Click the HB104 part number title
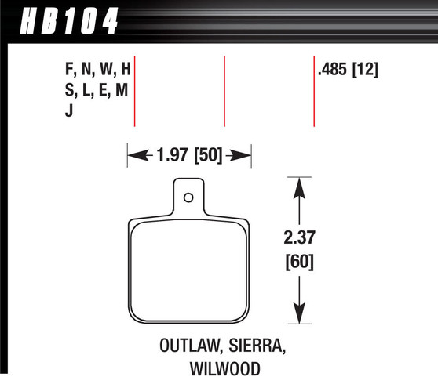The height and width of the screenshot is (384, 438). [x=62, y=18]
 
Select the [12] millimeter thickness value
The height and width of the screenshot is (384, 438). [x=367, y=70]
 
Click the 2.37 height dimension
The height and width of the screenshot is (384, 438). [x=299, y=236]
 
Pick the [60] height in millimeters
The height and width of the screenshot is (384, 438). [x=299, y=262]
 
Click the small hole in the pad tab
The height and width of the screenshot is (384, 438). [x=188, y=197]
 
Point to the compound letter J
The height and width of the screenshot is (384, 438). [x=69, y=111]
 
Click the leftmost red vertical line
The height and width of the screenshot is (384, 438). [x=136, y=91]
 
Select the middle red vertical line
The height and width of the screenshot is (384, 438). [x=224, y=91]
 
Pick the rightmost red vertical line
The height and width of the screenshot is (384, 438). [x=314, y=91]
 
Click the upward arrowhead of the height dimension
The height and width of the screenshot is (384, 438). [x=299, y=186]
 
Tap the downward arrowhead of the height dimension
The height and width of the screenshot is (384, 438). [x=299, y=314]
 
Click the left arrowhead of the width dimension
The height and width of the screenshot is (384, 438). [x=134, y=155]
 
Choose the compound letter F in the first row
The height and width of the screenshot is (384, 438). [x=70, y=70]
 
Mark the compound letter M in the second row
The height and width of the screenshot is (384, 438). [x=121, y=91]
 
